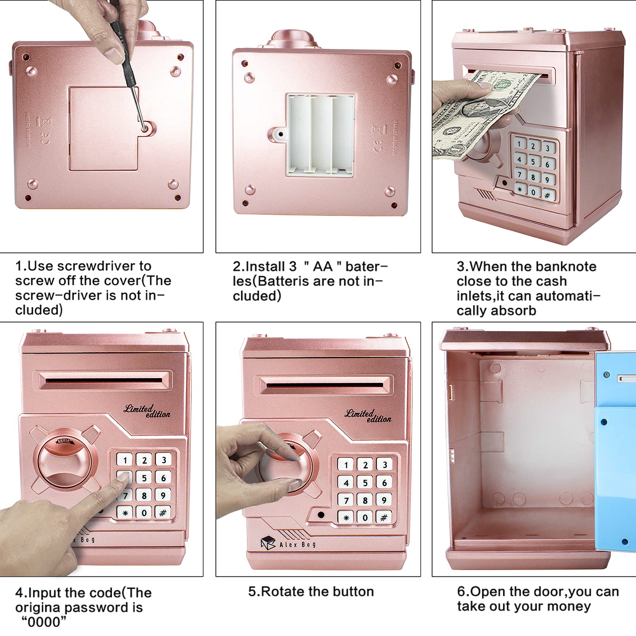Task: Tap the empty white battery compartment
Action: pyautogui.click(x=321, y=134)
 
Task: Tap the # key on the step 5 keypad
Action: pyautogui.click(x=384, y=517)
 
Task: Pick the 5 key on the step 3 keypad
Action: pyautogui.click(x=533, y=160)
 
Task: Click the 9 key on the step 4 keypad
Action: pyautogui.click(x=163, y=495)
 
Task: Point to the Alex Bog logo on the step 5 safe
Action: pyautogui.click(x=289, y=543)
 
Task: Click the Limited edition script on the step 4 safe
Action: pyautogui.click(x=147, y=411)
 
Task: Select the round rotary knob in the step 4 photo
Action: pyautogui.click(x=65, y=461)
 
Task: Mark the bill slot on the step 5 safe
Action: pyautogui.click(x=326, y=384)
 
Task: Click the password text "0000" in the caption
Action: pyautogui.click(x=44, y=622)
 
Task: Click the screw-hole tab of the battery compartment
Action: pyautogui.click(x=280, y=134)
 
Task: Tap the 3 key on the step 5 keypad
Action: pyautogui.click(x=384, y=465)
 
